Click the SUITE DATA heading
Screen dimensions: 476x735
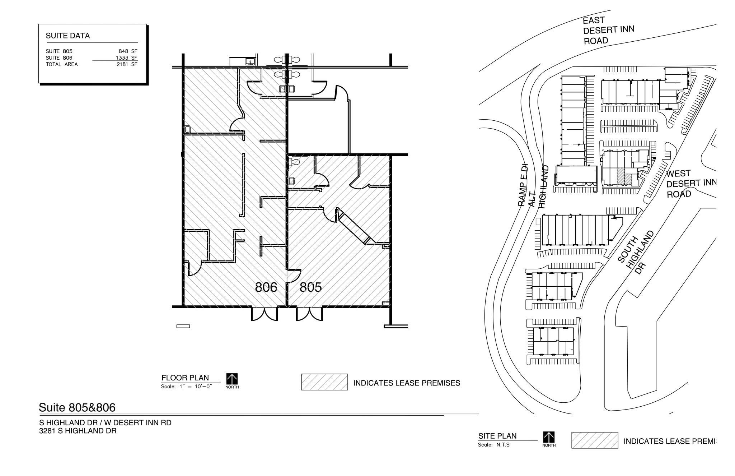coord(68,36)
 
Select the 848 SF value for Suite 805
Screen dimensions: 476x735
coord(128,51)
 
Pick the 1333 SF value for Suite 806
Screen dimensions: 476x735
coord(126,58)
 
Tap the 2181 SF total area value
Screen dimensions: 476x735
coord(127,64)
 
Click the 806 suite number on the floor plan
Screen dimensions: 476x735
coord(266,287)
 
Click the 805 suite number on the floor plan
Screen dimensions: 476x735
coord(310,287)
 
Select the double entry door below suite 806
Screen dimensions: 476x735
coord(264,314)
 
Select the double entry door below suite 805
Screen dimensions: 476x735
coord(309,314)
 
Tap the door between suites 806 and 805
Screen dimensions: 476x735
coord(292,276)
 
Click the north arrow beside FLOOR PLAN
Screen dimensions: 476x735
coord(232,379)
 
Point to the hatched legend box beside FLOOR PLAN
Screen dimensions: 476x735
coord(324,382)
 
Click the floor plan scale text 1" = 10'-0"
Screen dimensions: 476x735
coord(196,387)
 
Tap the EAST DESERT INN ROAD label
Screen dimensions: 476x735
coord(608,31)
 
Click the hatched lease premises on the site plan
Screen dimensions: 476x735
coord(620,176)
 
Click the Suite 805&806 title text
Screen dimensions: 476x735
coord(77,407)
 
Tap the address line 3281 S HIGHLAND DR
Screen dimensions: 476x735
coord(78,431)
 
